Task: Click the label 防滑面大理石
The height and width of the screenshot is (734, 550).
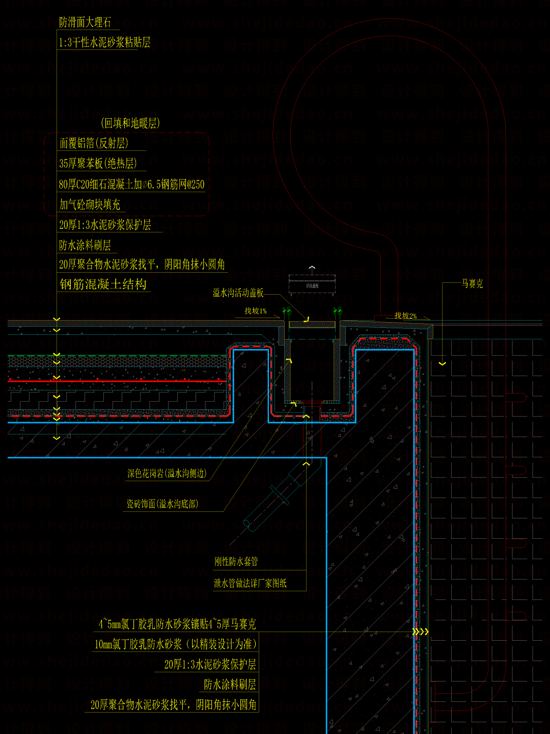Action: click(85, 22)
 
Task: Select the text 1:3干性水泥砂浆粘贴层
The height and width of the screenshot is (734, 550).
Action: click(104, 42)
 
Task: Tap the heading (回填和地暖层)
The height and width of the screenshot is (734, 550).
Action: click(130, 123)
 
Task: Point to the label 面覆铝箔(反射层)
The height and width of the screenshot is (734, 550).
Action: click(94, 143)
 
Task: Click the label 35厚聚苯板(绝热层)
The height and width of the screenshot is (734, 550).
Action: click(98, 164)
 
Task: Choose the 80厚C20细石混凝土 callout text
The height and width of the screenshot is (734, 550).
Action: click(131, 185)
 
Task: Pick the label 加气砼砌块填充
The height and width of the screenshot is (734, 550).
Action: click(90, 205)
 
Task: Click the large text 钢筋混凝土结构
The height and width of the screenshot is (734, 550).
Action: click(103, 284)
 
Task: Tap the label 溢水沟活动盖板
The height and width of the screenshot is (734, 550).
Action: click(238, 293)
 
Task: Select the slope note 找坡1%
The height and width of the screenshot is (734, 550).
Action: click(256, 311)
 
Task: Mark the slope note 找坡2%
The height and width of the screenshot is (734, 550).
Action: click(405, 316)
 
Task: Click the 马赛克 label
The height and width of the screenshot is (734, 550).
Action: click(472, 284)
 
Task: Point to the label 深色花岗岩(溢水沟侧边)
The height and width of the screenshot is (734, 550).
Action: click(167, 474)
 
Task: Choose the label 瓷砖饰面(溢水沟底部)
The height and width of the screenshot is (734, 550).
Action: click(162, 504)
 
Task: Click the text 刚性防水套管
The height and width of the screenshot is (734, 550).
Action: click(236, 562)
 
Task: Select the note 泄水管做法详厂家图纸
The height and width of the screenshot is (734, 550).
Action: click(250, 583)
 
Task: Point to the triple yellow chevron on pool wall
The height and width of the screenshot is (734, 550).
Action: click(421, 632)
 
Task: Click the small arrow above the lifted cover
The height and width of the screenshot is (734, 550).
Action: click(312, 267)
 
